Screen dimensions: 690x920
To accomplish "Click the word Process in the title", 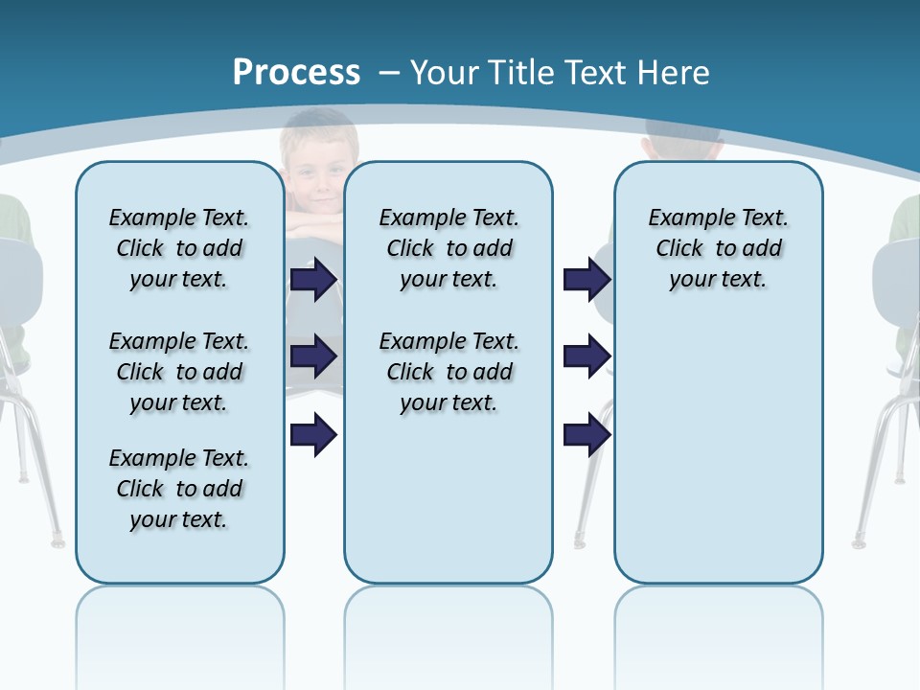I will click(296, 72).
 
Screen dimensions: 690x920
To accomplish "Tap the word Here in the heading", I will click(674, 73).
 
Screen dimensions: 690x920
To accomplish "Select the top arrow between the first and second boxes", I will click(313, 280).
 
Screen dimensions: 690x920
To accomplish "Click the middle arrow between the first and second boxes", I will click(313, 356).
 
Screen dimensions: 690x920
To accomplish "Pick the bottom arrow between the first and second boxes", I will click(313, 435).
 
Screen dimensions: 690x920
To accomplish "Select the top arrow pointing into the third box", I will click(586, 280).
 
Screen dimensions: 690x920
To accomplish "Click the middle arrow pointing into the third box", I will click(586, 356).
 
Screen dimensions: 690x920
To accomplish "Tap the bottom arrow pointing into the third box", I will click(586, 435).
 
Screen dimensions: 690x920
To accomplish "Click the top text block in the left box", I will click(179, 248).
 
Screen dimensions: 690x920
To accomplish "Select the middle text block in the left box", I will click(179, 372).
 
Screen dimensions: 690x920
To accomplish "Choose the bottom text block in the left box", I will click(179, 489).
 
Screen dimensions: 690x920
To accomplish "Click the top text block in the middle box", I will click(448, 248).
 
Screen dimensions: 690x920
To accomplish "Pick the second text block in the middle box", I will click(448, 372).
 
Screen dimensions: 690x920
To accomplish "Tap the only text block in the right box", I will click(718, 248).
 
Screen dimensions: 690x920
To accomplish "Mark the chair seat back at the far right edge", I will click(897, 278).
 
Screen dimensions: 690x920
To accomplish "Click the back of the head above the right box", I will click(682, 140).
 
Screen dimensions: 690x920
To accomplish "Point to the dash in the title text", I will click(389, 73).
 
